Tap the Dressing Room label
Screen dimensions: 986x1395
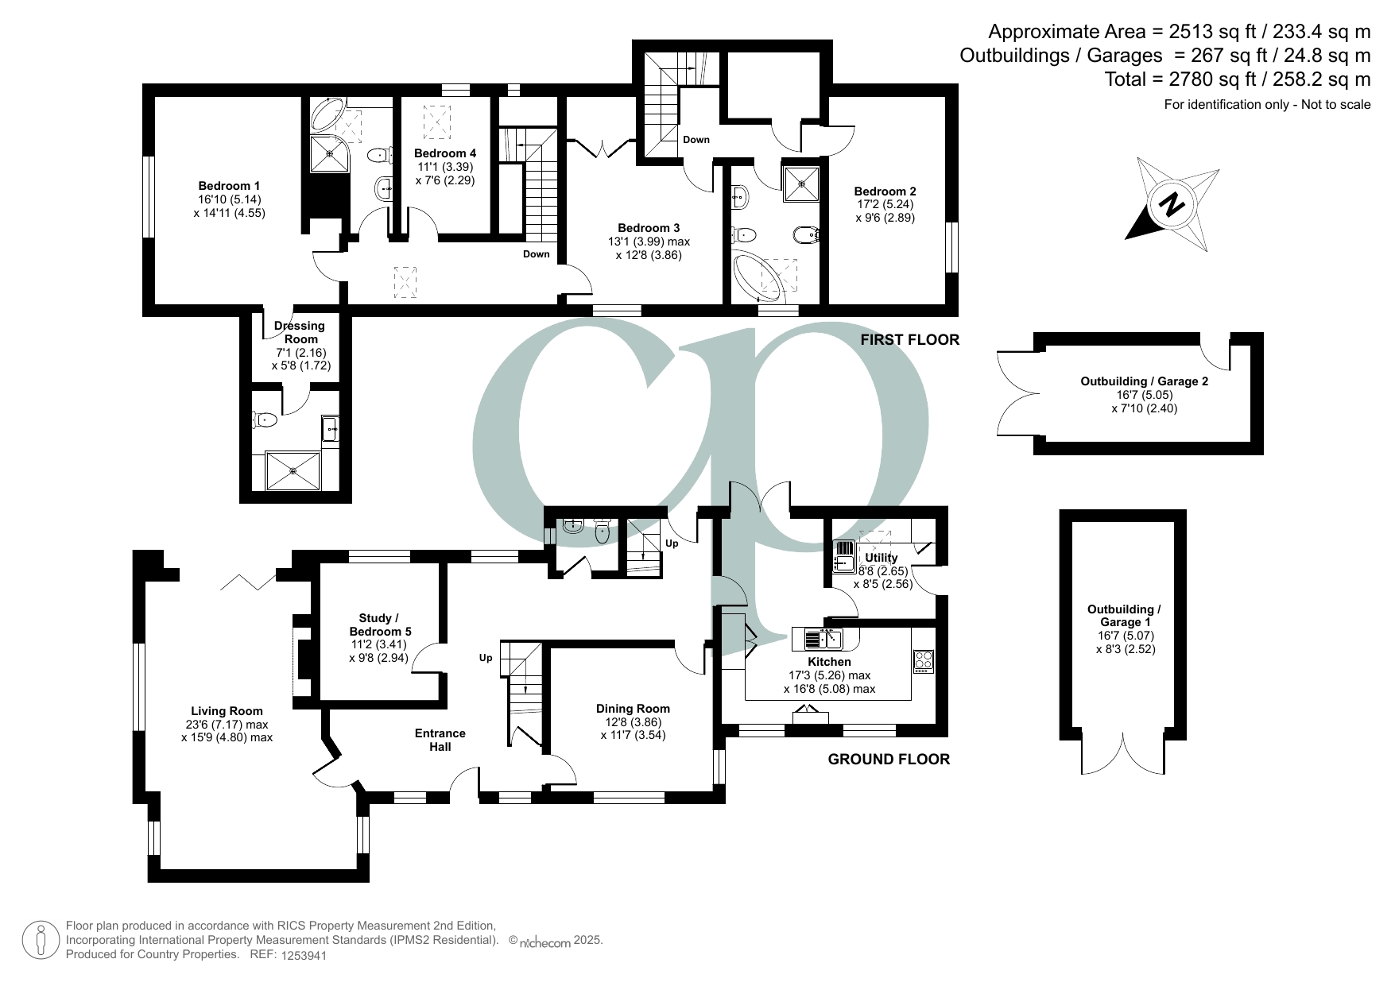(299, 332)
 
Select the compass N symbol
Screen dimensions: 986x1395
(1170, 205)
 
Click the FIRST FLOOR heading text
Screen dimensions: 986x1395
(909, 340)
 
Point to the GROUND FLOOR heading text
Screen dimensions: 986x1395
(889, 760)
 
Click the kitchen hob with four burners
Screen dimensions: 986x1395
(923, 661)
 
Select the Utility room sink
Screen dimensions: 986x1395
(843, 556)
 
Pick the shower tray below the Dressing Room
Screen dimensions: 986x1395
(293, 470)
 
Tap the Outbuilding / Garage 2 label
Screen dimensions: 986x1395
(1144, 381)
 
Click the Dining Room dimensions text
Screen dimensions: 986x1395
(633, 729)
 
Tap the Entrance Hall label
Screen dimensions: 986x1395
(440, 740)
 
